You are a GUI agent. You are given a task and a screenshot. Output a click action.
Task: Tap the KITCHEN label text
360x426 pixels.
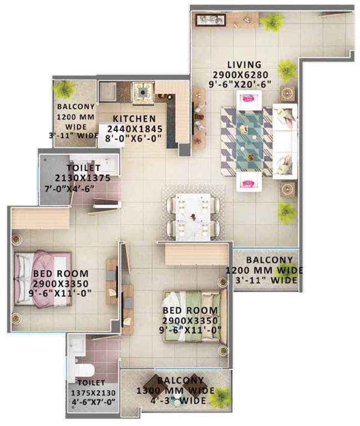pyautogui.click(x=134, y=119)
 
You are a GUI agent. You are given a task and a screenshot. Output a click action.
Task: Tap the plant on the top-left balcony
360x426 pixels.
pyautogui.click(x=66, y=89)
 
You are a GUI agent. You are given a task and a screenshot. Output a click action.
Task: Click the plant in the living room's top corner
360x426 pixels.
pyautogui.click(x=271, y=22)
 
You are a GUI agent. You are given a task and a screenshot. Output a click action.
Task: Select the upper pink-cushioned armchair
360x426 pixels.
pyautogui.click(x=247, y=99)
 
